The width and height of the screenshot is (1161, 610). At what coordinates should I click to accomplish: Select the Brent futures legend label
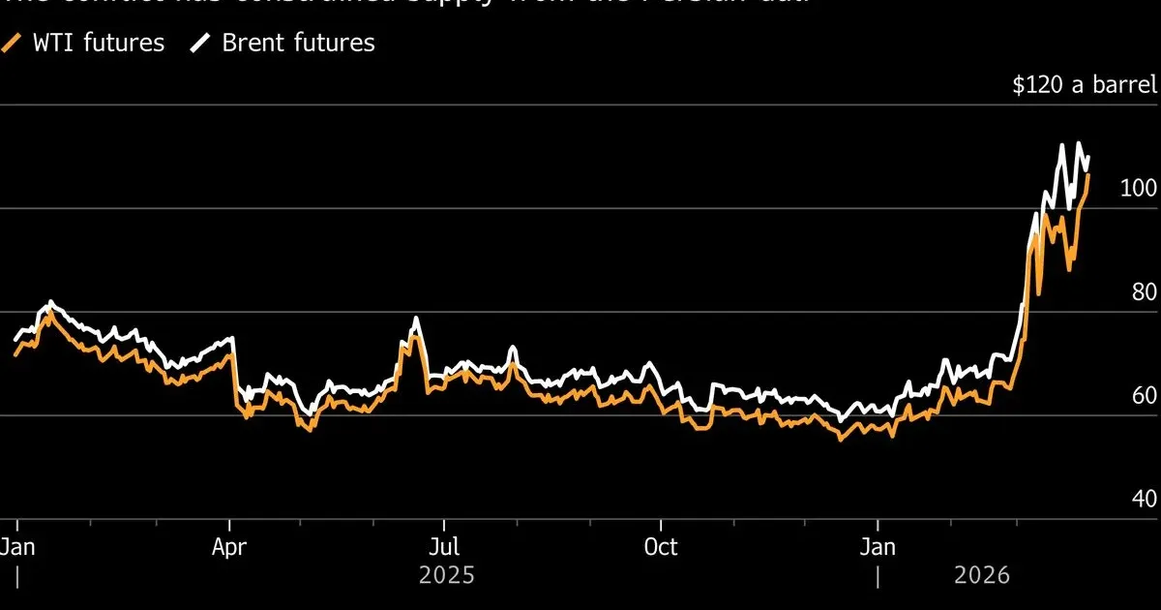[298, 43]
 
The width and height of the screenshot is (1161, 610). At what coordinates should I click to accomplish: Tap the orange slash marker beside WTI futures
[12, 43]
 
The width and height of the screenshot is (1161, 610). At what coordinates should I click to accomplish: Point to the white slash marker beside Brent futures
[201, 43]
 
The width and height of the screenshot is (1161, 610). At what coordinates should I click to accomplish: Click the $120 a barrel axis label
[1085, 85]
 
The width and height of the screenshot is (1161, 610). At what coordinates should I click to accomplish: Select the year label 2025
[447, 576]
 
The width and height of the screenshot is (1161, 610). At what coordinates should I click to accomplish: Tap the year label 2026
[981, 576]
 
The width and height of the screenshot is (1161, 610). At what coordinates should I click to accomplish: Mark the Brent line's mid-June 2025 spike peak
[416, 318]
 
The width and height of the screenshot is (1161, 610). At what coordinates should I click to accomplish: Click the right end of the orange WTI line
[1088, 175]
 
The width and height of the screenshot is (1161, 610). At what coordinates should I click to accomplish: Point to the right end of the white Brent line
[1088, 157]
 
